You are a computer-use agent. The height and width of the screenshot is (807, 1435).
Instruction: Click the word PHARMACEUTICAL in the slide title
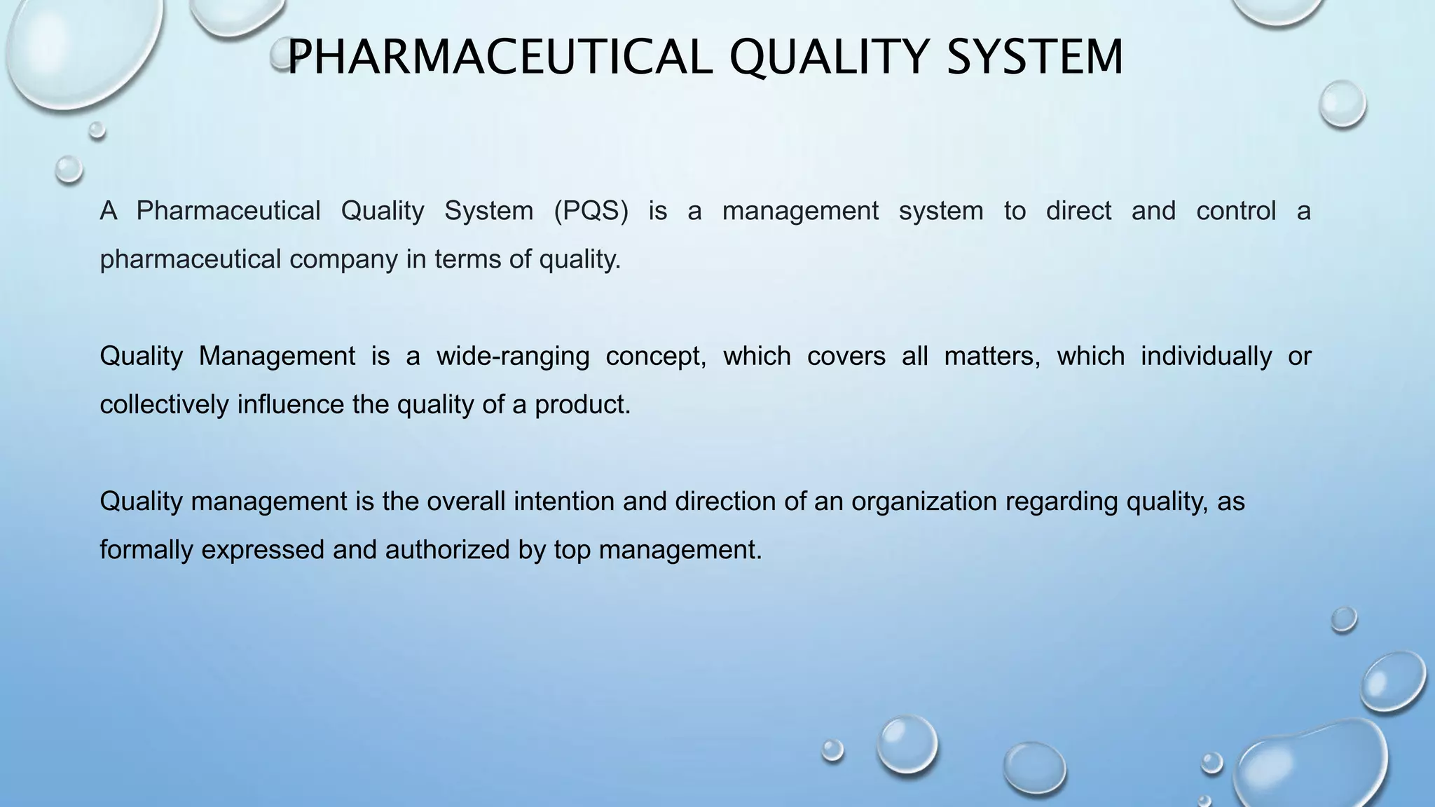(500, 57)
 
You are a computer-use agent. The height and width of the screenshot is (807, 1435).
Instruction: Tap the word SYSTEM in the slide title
(1035, 57)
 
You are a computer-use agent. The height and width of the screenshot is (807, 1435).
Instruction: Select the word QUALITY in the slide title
(829, 58)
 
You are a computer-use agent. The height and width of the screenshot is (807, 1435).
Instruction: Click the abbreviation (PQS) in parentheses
(591, 211)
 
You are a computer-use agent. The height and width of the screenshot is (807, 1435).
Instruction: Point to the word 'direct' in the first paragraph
(1078, 211)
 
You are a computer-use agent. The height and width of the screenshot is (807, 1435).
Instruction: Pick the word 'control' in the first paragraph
(1236, 211)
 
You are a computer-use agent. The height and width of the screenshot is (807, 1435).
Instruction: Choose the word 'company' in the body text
(343, 260)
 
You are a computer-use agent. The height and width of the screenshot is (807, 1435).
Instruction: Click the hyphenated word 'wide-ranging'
(513, 357)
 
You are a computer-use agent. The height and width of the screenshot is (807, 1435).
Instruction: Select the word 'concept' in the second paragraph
(655, 357)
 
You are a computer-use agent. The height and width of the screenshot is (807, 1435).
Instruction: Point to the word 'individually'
(1206, 357)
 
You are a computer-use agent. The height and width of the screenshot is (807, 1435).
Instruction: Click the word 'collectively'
(164, 405)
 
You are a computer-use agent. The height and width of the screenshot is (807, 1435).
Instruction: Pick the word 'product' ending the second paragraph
(582, 406)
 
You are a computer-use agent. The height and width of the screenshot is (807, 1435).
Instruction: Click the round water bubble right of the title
(1342, 104)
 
